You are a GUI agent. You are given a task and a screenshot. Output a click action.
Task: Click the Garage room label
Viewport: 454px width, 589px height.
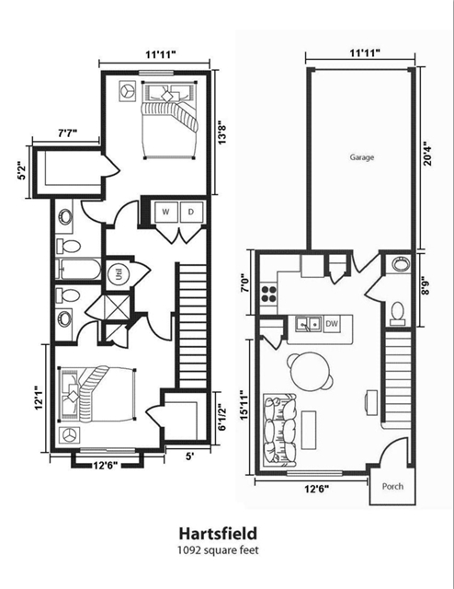point(361,157)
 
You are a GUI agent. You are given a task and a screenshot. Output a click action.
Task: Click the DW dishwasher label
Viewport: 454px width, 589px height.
point(331,323)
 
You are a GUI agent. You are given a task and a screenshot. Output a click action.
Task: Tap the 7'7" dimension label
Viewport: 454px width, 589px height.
point(67,133)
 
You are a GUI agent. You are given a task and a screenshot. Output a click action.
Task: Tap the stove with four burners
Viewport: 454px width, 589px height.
point(270,294)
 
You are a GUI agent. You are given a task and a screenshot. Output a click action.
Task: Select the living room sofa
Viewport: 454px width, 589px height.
point(277,429)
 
